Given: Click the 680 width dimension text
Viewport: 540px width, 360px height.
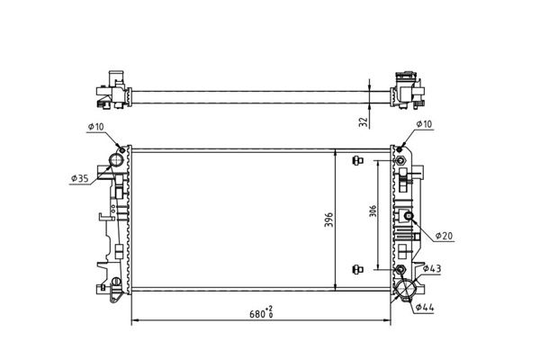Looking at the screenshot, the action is (261, 313).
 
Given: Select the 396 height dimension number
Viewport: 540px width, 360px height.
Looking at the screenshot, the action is (329, 220).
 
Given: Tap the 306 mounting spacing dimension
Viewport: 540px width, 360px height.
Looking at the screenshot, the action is (373, 211).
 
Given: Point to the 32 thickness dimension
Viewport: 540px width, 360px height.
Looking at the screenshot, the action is (364, 122).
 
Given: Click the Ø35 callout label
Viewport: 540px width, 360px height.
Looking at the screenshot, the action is (80, 178).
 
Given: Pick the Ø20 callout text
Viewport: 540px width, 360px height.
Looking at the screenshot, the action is (444, 236).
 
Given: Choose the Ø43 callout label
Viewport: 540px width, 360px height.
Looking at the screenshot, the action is (432, 268).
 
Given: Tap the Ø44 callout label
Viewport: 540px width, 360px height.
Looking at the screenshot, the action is (425, 307).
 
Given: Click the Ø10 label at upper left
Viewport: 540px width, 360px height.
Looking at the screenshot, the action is (95, 126).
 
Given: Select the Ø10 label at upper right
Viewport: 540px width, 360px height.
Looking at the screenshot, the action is (424, 124).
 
